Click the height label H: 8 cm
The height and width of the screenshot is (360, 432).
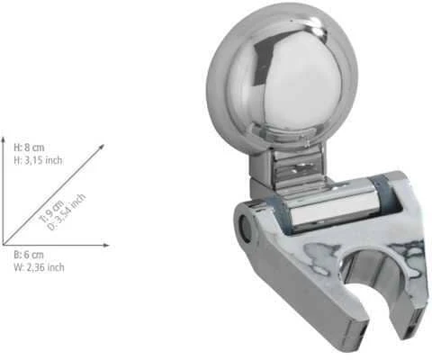29,148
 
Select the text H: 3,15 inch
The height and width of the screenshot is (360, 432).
38,160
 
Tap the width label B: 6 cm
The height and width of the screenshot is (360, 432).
29,255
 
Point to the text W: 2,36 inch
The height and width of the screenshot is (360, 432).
39,267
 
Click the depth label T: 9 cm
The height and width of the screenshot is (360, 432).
51,211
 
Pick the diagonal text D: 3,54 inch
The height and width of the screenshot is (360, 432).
67,212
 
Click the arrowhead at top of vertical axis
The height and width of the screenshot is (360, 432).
4,139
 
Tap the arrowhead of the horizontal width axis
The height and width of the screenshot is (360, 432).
106,246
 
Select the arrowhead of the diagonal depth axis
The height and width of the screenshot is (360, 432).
102,147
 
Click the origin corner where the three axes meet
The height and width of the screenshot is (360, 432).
4,245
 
